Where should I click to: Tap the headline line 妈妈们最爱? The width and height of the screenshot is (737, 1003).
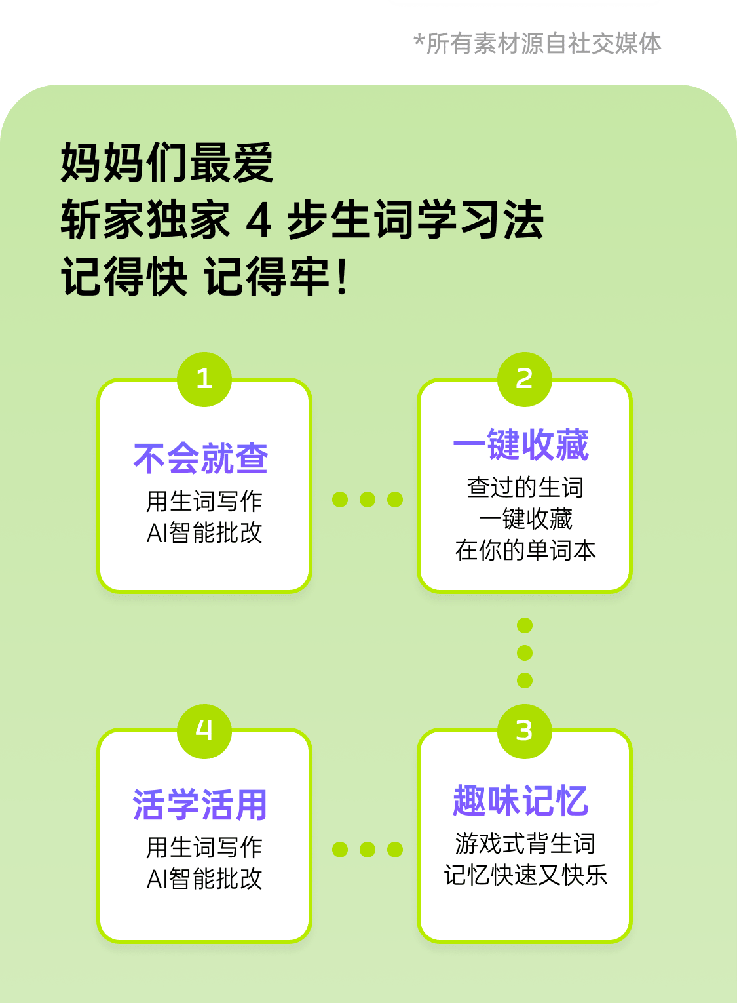click(167, 163)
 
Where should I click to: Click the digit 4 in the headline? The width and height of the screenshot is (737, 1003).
click(259, 220)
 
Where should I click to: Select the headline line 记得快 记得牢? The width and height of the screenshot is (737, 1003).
click(205, 277)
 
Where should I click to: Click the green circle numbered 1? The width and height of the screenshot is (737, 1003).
click(204, 379)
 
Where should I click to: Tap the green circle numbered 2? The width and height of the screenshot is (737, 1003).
click(524, 379)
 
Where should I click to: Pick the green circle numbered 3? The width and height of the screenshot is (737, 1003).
click(524, 731)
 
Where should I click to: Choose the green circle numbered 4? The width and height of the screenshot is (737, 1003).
click(204, 731)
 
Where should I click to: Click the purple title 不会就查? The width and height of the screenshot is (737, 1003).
click(200, 458)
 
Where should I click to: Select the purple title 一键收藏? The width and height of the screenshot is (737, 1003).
click(521, 445)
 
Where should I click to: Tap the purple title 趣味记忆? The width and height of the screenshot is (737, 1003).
click(521, 800)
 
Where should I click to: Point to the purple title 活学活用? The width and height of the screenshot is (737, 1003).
click(200, 804)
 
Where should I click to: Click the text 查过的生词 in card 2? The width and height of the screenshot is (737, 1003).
click(525, 487)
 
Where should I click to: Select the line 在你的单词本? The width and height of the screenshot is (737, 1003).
click(525, 550)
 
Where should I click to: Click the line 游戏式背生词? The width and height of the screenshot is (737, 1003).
click(525, 843)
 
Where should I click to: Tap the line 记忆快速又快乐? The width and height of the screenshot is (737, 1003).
click(525, 875)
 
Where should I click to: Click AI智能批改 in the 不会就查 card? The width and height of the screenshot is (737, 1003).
click(204, 532)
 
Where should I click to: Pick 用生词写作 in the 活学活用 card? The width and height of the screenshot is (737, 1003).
click(204, 847)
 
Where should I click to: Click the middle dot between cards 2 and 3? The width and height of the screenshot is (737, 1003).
click(525, 653)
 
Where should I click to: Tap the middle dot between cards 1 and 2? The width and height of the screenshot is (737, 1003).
click(368, 500)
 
